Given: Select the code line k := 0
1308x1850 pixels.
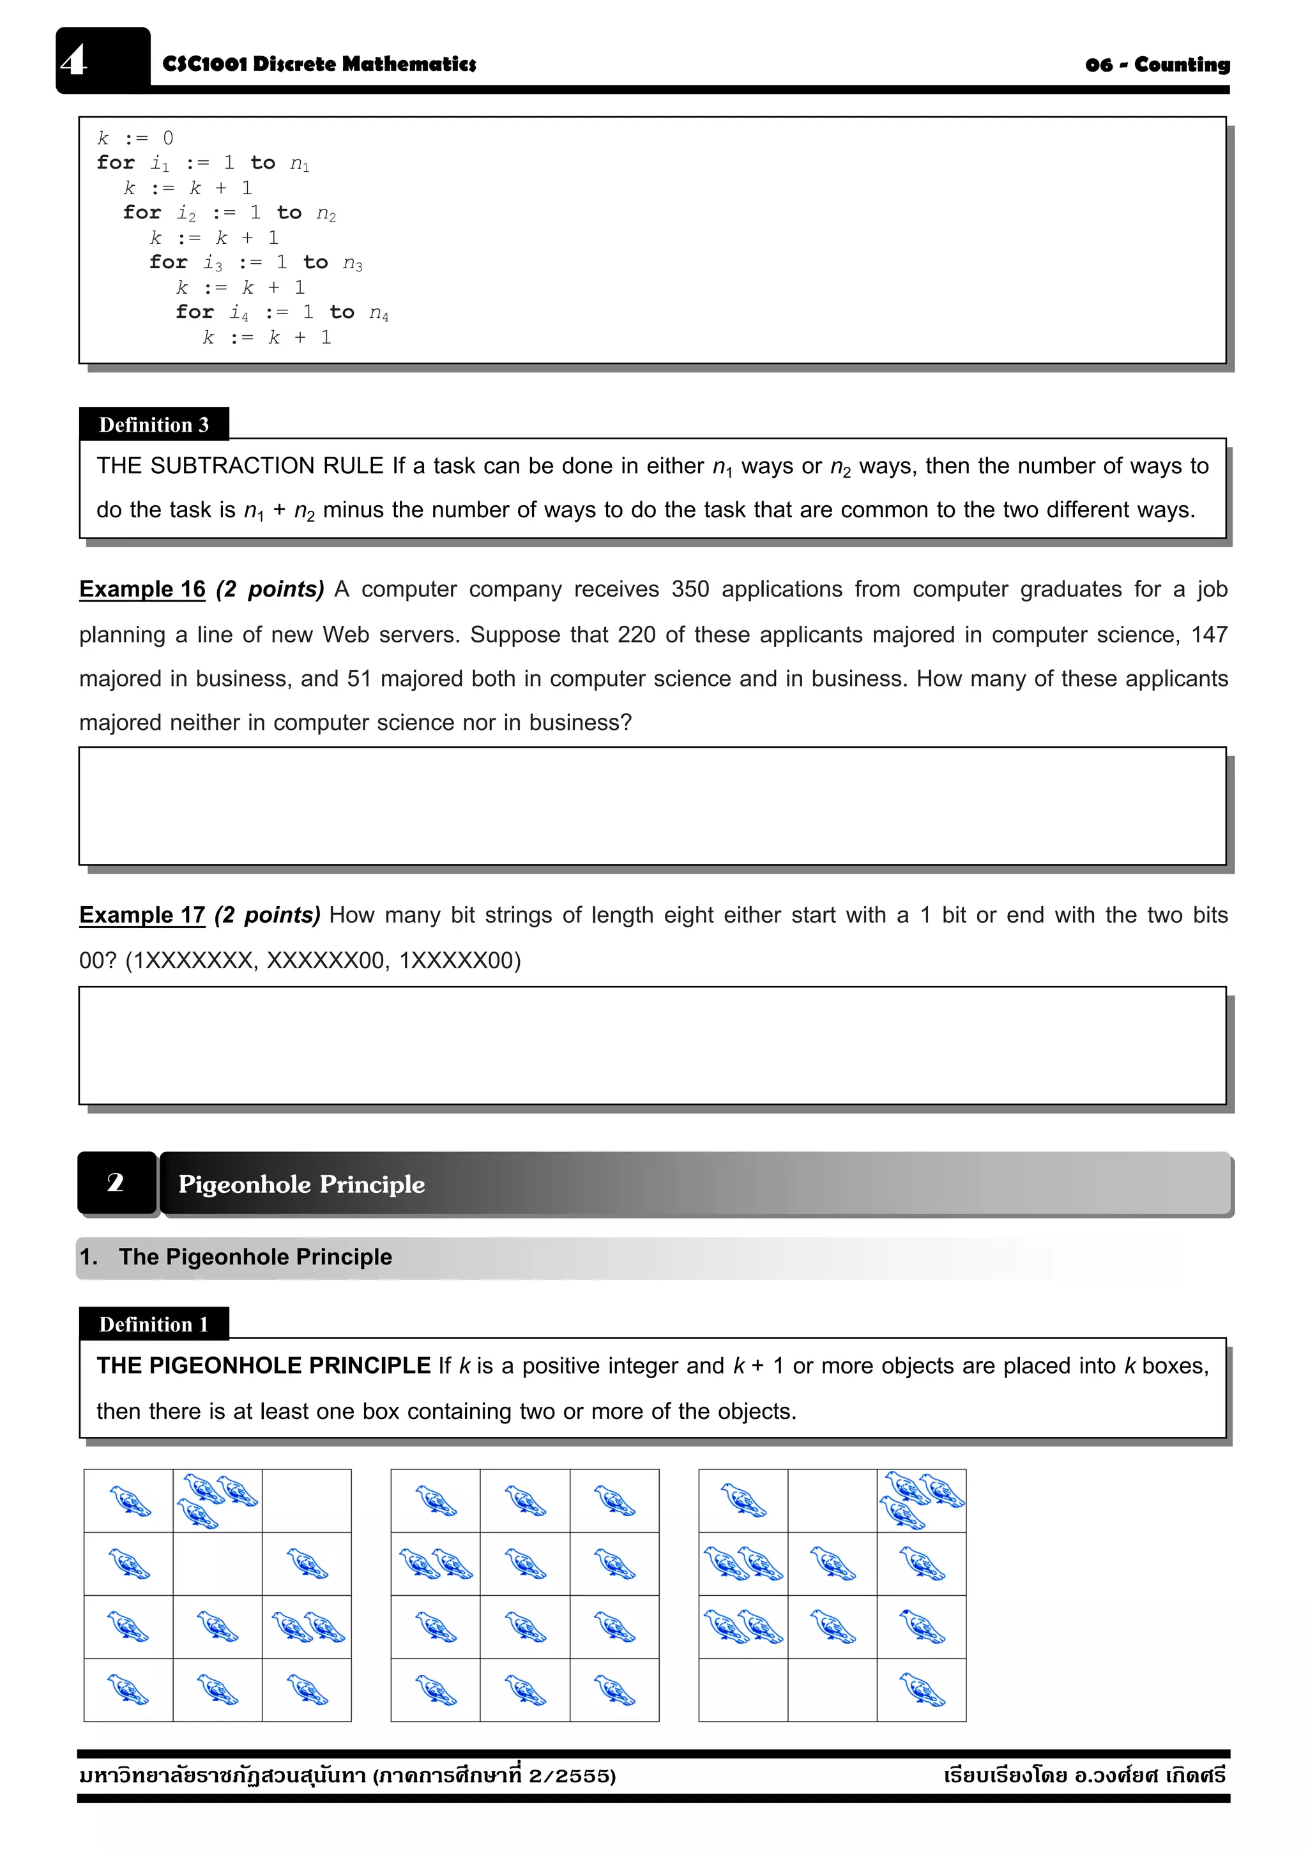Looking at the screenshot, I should click(x=135, y=139).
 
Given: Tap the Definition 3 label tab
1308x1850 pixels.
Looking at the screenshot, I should click(x=153, y=425).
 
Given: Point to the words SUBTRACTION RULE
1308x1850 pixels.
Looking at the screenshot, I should click(x=267, y=466).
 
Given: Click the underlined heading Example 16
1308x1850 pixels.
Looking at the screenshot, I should click(x=142, y=589).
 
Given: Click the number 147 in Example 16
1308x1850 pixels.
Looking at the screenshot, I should click(x=1209, y=635).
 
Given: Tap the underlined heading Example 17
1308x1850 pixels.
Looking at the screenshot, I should click(x=142, y=915).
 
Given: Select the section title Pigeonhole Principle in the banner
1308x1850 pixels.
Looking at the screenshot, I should click(x=301, y=1185).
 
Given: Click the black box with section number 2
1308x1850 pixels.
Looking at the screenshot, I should click(x=116, y=1183).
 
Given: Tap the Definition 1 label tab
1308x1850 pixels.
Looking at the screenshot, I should click(x=153, y=1324).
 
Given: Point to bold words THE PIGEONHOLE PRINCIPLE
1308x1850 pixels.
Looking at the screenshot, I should click(x=264, y=1366).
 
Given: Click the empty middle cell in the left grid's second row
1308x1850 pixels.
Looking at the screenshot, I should click(x=218, y=1563).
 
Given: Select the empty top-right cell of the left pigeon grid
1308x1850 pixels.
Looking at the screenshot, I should click(x=307, y=1500).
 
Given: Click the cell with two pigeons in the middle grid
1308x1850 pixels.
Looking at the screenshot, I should click(x=435, y=1563).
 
